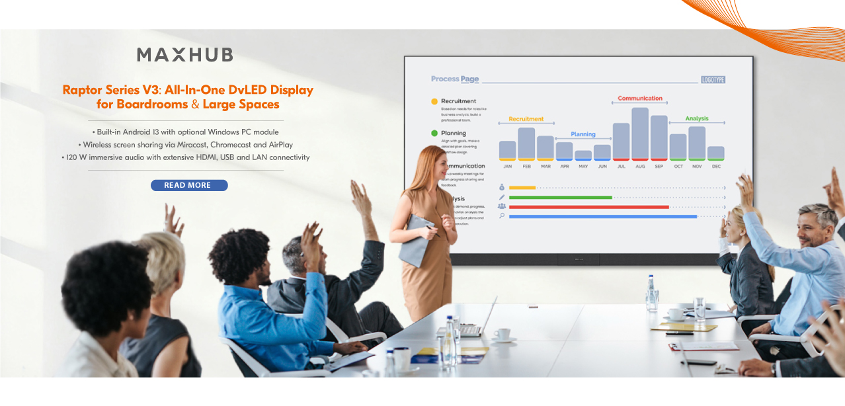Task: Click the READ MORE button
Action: pos(189,185)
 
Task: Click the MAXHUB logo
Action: pos(184,55)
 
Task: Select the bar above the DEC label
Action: pos(715,153)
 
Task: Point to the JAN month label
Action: pos(507,167)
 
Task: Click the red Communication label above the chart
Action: pos(640,99)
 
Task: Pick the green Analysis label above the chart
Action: pos(696,119)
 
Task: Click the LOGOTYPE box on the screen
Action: pos(713,79)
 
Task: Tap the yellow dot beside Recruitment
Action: pos(434,102)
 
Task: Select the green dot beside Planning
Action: pos(434,133)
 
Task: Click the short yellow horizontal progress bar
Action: pos(522,188)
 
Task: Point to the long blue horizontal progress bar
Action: pos(602,216)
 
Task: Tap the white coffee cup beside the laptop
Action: pos(502,335)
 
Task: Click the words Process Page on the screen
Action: pos(455,79)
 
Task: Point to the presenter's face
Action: pos(436,165)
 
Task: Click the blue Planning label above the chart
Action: pos(583,134)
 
